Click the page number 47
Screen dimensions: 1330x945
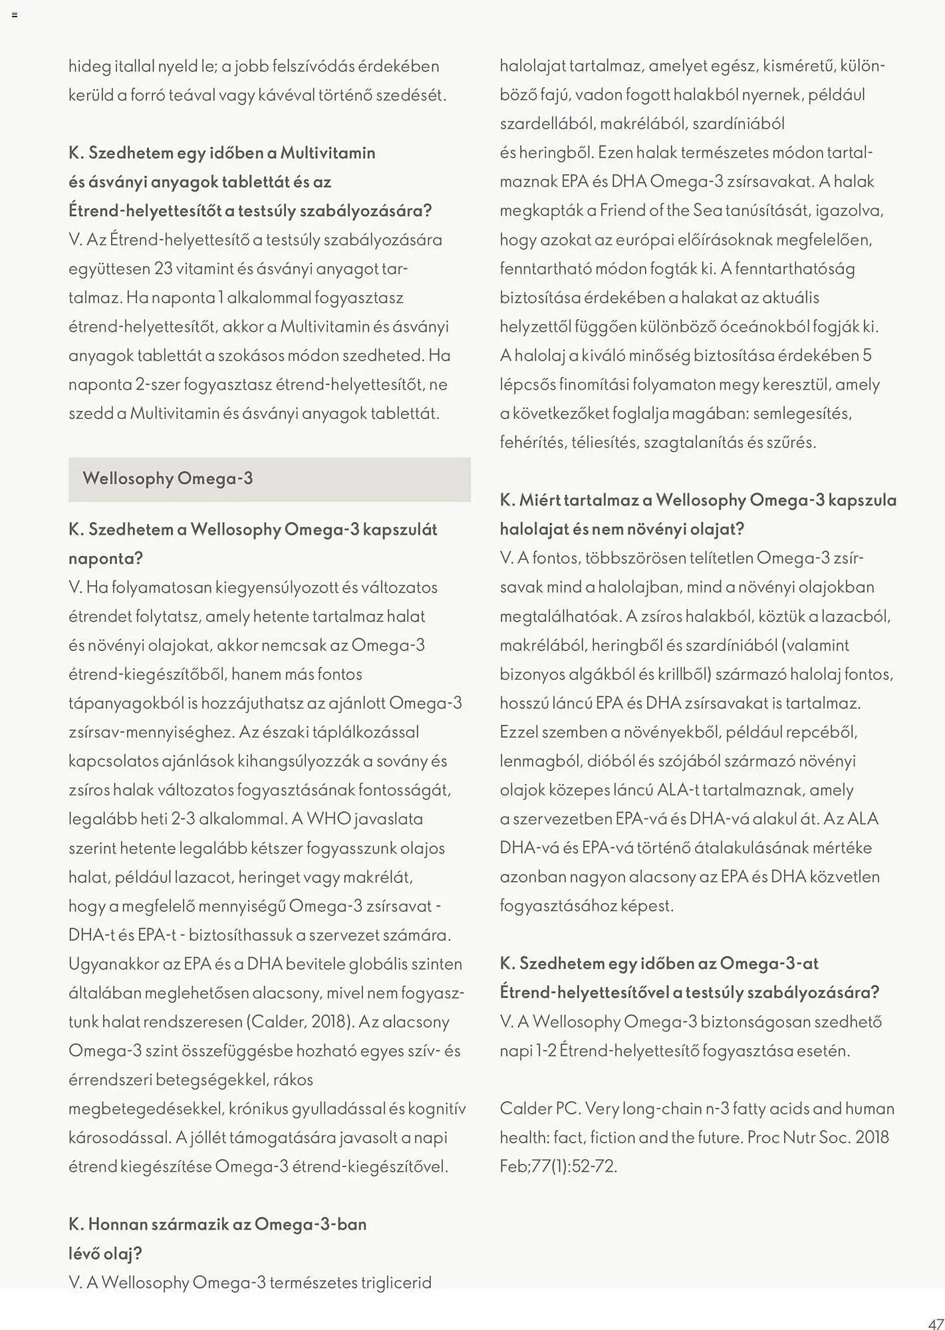[x=935, y=1323]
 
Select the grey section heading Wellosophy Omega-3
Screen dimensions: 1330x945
[x=168, y=479]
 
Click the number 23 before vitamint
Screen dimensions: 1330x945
[x=164, y=269]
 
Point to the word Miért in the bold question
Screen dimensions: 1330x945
[x=539, y=500]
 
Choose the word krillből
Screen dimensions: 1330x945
[x=685, y=674]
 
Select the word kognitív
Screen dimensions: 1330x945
[x=437, y=1109]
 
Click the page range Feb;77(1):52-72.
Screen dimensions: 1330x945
[x=559, y=1166]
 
